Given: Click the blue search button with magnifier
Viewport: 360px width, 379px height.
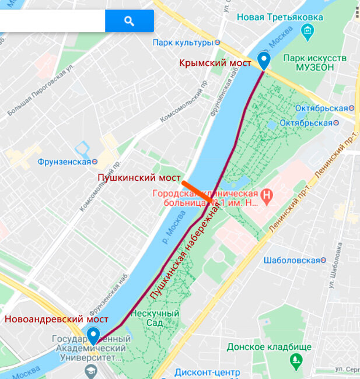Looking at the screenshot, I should pos(130,21).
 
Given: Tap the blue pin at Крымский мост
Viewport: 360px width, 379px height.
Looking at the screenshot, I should pos(264,61).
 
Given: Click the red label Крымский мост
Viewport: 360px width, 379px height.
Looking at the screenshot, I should pos(216,62).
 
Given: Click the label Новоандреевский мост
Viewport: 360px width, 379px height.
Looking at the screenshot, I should pos(57,319).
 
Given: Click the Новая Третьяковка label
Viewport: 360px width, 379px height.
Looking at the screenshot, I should pos(280,17).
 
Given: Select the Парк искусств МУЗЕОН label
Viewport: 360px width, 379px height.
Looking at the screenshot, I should pos(314,63).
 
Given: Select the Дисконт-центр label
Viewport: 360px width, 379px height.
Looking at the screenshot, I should pos(199,373).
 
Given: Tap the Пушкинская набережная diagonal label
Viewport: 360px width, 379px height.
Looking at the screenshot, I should pos(187,257).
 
